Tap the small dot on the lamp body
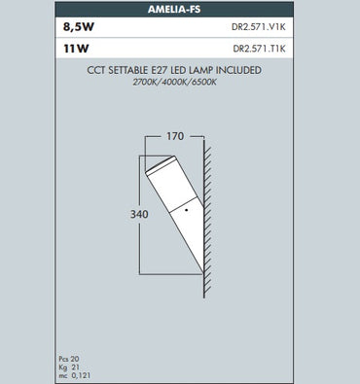point(184,209)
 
